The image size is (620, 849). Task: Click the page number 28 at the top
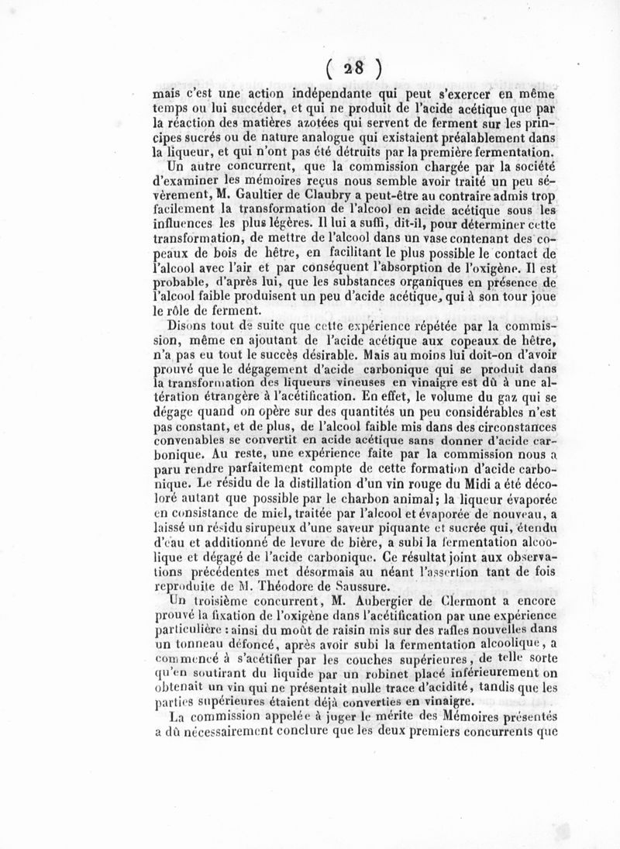click(353, 67)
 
